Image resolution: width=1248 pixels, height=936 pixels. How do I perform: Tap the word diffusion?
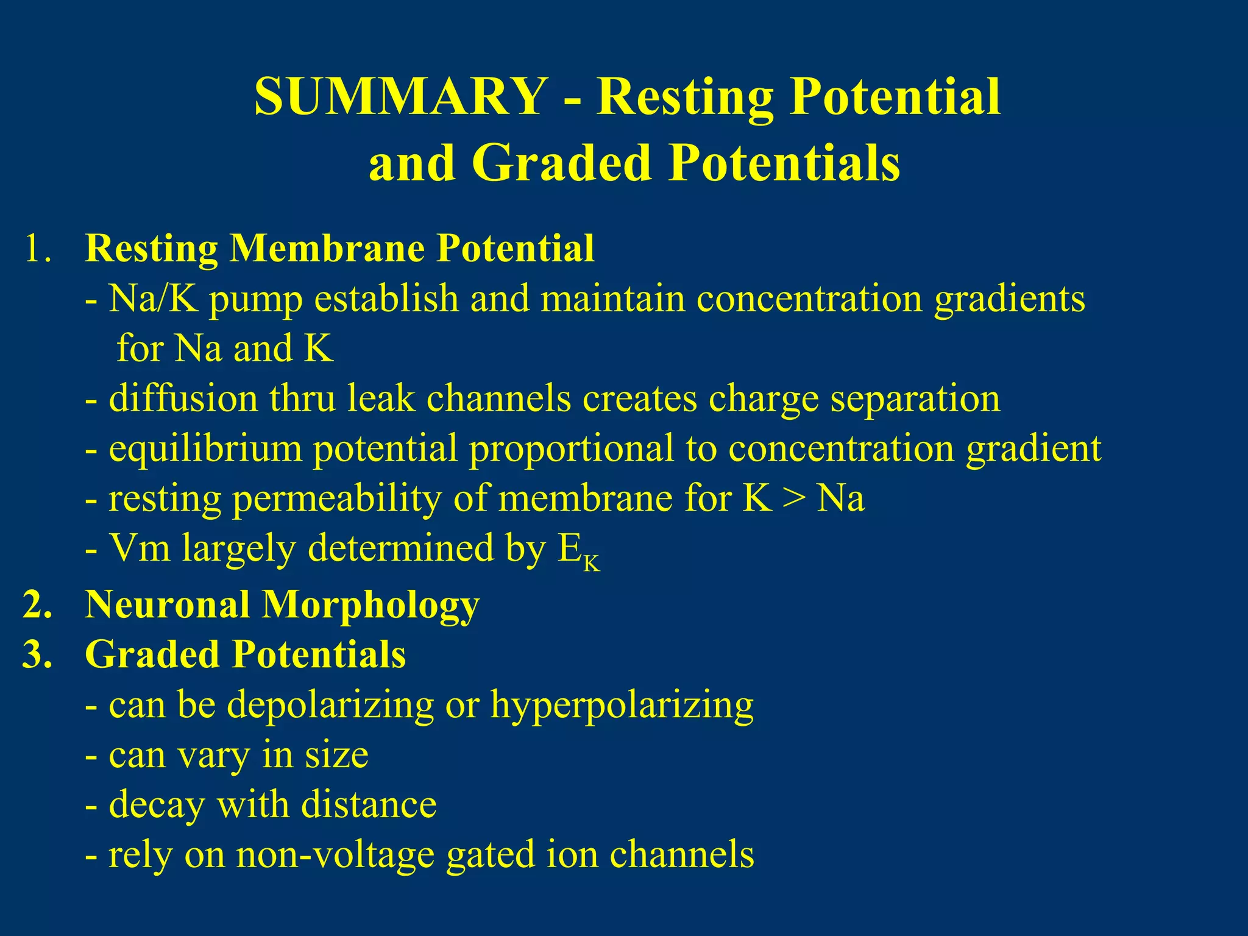[x=183, y=399]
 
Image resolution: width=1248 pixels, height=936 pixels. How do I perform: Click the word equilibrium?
[x=205, y=448]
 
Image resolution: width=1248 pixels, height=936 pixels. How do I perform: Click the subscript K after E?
[x=591, y=564]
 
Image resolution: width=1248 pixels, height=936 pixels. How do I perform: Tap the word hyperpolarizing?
[x=622, y=706]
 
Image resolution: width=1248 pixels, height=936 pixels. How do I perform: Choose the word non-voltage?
[x=335, y=854]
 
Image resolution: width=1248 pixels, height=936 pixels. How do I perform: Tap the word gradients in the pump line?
[x=1010, y=299]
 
